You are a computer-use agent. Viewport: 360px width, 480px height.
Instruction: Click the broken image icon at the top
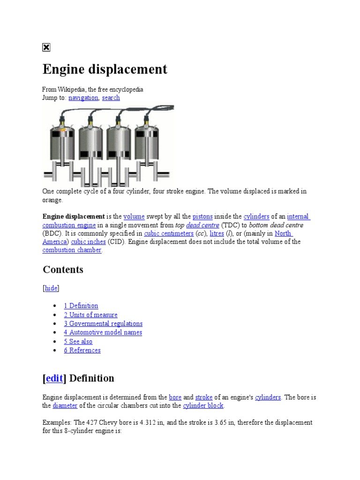coord(46,47)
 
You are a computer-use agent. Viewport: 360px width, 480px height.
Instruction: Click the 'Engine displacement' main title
coord(105,69)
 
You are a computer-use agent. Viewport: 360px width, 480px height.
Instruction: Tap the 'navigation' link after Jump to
coord(83,97)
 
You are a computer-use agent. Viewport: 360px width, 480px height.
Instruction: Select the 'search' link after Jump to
coord(111,97)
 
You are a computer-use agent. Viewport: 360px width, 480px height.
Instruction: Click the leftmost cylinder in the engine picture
coord(62,143)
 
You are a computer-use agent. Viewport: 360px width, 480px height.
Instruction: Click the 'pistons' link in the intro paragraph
coord(202,217)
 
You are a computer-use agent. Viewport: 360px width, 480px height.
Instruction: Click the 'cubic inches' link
coord(88,242)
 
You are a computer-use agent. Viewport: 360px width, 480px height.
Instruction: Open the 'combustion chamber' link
coord(72,250)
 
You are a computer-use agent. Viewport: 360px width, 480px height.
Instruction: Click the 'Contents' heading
coord(63,270)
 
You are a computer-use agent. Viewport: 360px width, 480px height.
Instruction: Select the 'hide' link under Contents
coord(51,288)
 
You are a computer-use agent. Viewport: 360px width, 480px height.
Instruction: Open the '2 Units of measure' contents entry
coord(90,315)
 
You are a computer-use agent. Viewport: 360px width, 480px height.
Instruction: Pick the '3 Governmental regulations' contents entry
coord(103,323)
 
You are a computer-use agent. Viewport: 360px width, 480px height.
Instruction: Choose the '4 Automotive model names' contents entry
coord(103,332)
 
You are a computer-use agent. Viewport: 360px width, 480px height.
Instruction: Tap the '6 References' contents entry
coord(82,350)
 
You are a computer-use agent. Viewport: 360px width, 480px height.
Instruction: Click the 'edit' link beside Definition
coord(54,378)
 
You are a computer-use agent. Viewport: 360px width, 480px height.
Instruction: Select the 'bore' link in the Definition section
coord(175,397)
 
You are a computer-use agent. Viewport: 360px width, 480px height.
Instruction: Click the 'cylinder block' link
coord(203,405)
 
